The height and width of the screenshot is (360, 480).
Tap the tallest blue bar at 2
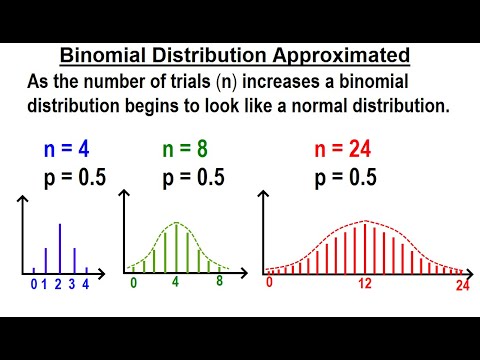[59, 245]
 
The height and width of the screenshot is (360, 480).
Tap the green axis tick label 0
[133, 283]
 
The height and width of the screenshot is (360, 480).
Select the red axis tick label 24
[461, 285]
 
